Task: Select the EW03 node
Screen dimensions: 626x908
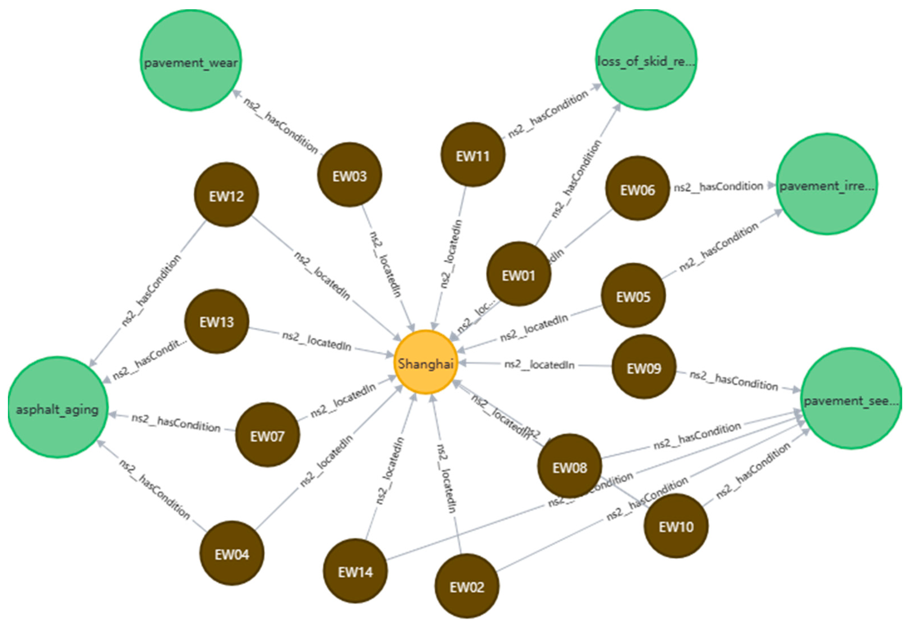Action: (x=349, y=175)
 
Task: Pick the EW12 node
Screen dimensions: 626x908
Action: (x=226, y=195)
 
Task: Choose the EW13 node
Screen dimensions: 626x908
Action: (x=216, y=321)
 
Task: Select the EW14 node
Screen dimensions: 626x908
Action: (x=355, y=571)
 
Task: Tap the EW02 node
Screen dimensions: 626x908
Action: (x=466, y=586)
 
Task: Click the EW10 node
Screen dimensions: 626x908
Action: (x=676, y=526)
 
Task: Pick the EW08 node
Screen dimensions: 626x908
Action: (x=569, y=466)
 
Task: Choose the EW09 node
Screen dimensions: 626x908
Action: (x=644, y=367)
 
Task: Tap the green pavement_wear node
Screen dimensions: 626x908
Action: (x=191, y=61)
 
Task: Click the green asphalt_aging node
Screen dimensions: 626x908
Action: (x=58, y=408)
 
